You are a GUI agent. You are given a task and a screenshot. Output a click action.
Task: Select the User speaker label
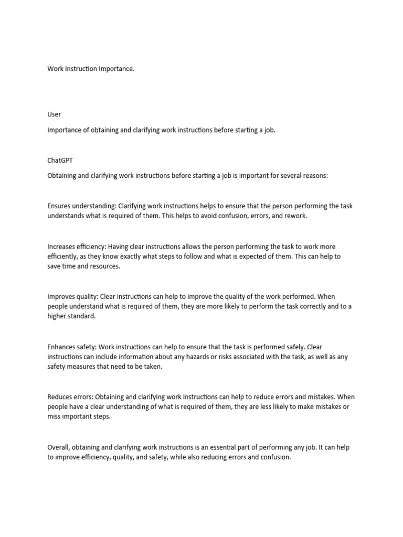(x=54, y=114)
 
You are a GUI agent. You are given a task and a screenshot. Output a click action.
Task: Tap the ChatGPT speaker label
(x=60, y=160)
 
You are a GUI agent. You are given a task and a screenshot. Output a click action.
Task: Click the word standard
(x=82, y=316)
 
